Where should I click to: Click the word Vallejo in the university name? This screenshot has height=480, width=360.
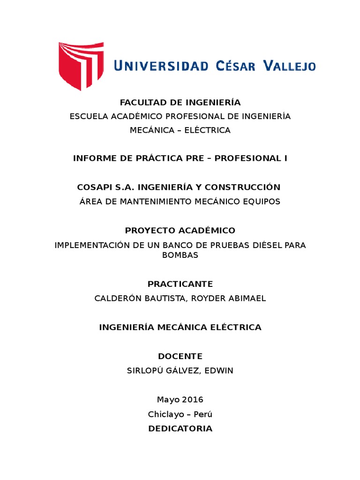[289, 66]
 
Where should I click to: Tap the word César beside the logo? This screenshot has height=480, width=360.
[236, 66]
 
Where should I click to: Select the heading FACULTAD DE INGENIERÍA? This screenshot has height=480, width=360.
[180, 102]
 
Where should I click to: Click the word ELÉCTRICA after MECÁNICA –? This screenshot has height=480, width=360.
[208, 130]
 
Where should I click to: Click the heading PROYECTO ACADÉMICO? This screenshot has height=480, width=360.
[180, 231]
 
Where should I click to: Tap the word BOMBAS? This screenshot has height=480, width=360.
[180, 255]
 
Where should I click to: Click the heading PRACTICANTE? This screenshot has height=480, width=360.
[180, 284]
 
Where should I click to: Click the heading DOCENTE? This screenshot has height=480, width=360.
[180, 356]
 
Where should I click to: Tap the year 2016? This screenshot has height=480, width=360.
[192, 400]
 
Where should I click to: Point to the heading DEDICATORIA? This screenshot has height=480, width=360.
[180, 428]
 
